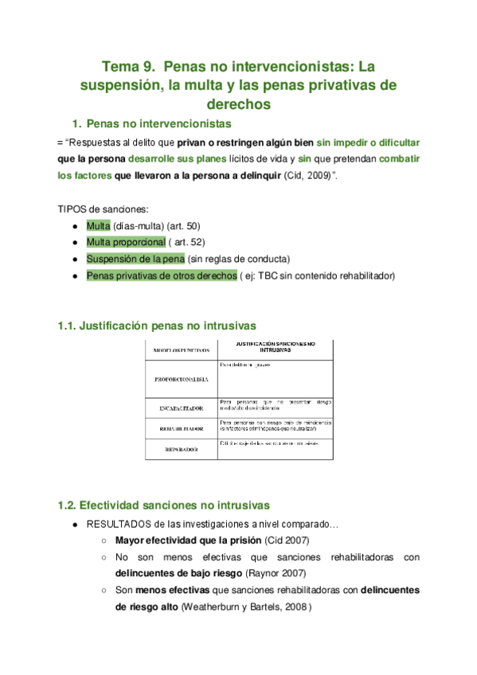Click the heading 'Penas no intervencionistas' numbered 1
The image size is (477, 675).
tap(158, 123)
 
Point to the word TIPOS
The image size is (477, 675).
tap(72, 209)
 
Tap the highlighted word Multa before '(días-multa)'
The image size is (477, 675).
tap(99, 226)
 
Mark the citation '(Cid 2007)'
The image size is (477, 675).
tap(287, 540)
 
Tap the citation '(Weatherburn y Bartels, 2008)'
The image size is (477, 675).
tap(247, 607)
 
